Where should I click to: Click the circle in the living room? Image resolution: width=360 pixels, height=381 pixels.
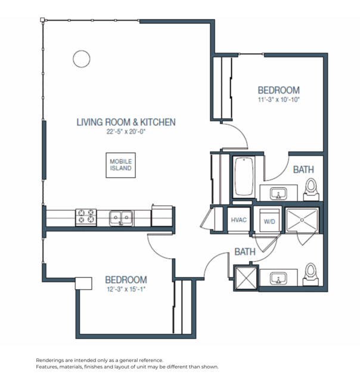tap(80, 58)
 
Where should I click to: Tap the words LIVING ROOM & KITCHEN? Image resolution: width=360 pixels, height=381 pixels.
tap(126, 122)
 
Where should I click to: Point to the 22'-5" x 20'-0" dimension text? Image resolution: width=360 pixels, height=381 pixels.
tap(126, 132)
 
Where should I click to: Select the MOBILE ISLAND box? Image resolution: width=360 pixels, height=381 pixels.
tap(120, 165)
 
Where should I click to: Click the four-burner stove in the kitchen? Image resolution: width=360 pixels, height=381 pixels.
tap(86, 217)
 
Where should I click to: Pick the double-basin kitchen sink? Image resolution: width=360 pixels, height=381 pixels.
tap(121, 217)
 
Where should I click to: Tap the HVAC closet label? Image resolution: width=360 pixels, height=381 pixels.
tap(239, 221)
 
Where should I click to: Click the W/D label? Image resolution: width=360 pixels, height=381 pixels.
tap(269, 221)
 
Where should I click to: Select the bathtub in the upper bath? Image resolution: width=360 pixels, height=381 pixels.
tap(244, 178)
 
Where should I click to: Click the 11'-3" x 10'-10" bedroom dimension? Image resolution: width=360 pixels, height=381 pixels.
tap(278, 100)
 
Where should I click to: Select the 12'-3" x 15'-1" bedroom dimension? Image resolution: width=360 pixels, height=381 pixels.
tap(126, 290)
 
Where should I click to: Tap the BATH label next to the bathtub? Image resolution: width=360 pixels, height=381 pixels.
tap(303, 170)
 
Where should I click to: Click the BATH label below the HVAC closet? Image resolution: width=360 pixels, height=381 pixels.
tap(244, 252)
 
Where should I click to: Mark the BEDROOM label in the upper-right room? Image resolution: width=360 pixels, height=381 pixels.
tap(278, 90)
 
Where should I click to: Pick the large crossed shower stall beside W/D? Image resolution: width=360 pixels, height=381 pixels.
tap(303, 221)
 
